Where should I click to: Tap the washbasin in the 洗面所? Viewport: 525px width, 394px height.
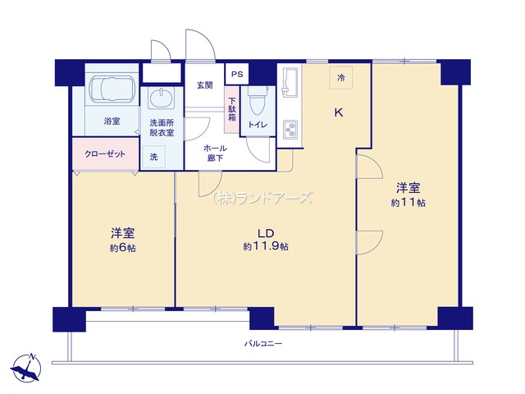pyautogui.click(x=162, y=98)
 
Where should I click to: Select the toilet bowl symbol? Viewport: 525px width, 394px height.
pyautogui.click(x=258, y=100)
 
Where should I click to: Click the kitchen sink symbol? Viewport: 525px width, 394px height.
pyautogui.click(x=290, y=82)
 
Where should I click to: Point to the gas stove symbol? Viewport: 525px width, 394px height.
pyautogui.click(x=290, y=130)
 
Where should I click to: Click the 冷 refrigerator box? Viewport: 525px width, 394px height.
pyautogui.click(x=341, y=77)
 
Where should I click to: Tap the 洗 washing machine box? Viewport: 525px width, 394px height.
pyautogui.click(x=153, y=157)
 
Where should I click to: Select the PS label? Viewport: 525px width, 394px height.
pyautogui.click(x=237, y=74)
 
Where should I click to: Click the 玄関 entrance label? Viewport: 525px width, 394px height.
pyautogui.click(x=204, y=85)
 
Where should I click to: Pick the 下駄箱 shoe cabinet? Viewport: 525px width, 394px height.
pyautogui.click(x=231, y=109)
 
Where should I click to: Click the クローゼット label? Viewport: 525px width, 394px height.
pyautogui.click(x=105, y=154)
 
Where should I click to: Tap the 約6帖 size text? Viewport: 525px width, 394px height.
pyautogui.click(x=122, y=248)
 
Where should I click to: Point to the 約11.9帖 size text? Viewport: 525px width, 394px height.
pyautogui.click(x=266, y=246)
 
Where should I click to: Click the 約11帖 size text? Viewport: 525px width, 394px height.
pyautogui.click(x=408, y=203)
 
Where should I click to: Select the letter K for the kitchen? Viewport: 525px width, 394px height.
pyautogui.click(x=339, y=112)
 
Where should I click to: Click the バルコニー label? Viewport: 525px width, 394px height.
pyautogui.click(x=263, y=343)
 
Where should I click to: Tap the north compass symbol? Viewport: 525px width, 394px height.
pyautogui.click(x=26, y=368)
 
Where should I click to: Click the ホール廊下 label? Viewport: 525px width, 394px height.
pyautogui.click(x=215, y=153)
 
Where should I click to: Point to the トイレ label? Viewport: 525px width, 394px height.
pyautogui.click(x=258, y=125)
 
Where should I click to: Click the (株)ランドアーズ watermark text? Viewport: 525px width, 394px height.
pyautogui.click(x=262, y=198)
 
